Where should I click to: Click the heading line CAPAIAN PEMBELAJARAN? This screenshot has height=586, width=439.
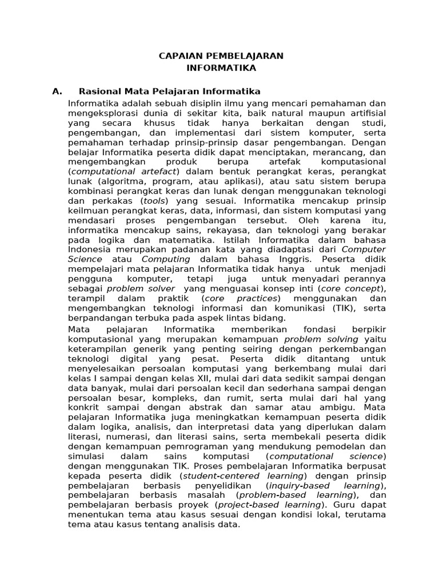[x=220, y=56]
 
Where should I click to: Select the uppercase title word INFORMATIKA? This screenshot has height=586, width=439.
[x=220, y=68]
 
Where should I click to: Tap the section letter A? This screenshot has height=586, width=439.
[x=56, y=91]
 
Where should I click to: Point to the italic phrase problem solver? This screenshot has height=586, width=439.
[x=141, y=288]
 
